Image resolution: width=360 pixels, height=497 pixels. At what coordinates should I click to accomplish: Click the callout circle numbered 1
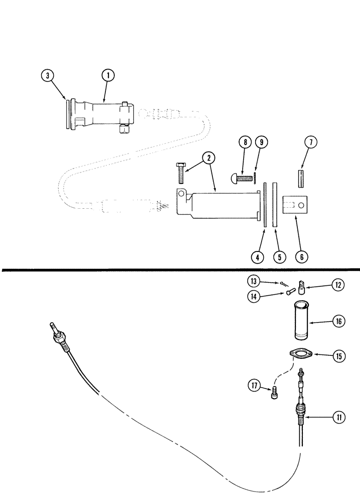(108, 76)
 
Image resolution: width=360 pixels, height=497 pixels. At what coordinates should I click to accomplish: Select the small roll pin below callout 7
(301, 178)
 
